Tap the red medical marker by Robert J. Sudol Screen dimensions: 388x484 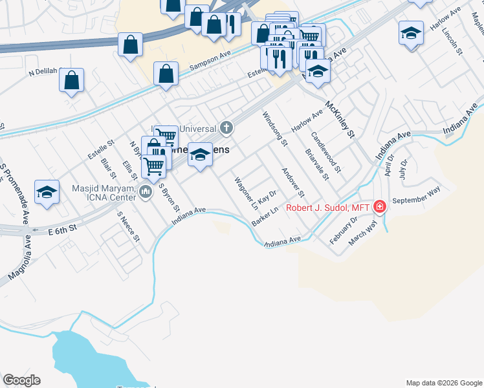click(380, 207)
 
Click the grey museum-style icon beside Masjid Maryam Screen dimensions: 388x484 click(145, 191)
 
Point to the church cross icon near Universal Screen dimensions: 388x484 click(226, 127)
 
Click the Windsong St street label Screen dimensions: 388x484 click(274, 129)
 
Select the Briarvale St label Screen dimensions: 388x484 click(317, 165)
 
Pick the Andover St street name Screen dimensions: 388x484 click(292, 183)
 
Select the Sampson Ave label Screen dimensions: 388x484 click(211, 63)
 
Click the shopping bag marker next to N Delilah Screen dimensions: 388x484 click(71, 81)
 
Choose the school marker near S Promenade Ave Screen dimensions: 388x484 click(47, 192)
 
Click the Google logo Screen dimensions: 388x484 click(21, 380)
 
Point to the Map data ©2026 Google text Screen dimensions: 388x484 click(444, 383)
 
